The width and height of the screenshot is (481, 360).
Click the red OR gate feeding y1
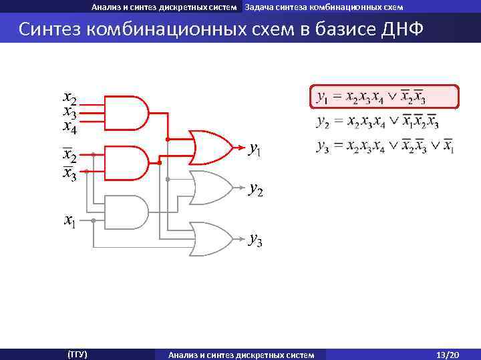click(x=210, y=146)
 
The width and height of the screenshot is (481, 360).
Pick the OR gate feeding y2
click(x=210, y=188)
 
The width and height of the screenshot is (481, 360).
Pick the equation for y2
click(x=377, y=122)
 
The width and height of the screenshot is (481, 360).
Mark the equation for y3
click(x=385, y=146)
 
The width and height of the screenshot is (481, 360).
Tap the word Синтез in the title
click(x=53, y=30)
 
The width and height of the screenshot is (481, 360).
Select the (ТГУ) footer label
click(x=77, y=354)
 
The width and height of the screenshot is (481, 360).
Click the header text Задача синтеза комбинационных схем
click(x=323, y=7)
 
